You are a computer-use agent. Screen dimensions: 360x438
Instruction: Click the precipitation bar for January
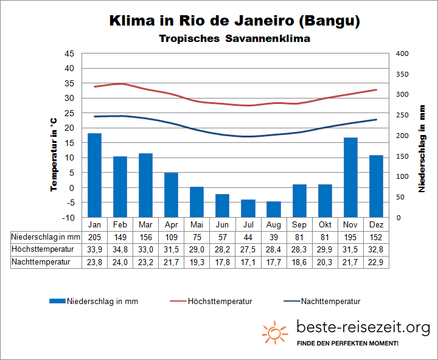94,175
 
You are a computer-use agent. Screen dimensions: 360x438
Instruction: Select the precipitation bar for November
350,177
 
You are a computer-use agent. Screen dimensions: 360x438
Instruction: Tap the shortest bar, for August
274,209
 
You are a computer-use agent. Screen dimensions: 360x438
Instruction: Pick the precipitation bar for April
171,195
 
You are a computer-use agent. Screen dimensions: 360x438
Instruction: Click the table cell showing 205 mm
94,237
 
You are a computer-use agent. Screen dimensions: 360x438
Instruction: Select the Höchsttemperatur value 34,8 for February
120,249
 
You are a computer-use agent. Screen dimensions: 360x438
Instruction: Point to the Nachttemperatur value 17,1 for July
248,262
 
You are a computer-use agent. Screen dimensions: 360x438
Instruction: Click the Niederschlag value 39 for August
274,237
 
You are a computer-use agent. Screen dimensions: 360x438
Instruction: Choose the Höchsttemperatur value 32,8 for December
376,249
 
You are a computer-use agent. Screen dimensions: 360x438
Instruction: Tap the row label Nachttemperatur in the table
41,262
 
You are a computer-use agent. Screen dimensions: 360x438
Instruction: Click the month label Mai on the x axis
196,224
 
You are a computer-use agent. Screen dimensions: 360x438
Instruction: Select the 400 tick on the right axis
403,54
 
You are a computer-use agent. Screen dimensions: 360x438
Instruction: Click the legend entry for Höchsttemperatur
220,301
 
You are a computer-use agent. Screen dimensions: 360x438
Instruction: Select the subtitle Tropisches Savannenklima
235,39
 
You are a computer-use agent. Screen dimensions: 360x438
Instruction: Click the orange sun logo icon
275,332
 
